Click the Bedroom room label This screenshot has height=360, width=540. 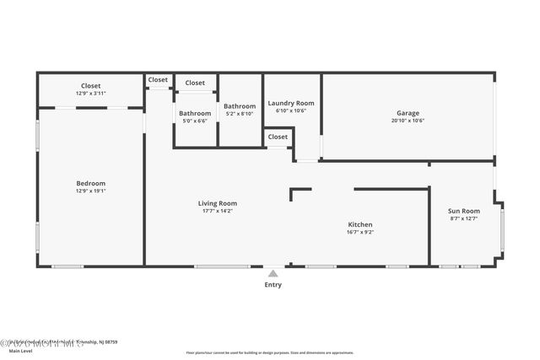tap(90, 183)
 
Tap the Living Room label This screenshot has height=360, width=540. tap(217, 203)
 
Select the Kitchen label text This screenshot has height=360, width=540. tap(360, 224)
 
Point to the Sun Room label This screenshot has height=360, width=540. tap(463, 211)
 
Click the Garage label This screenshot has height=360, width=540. tap(408, 113)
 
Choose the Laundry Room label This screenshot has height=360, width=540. tap(291, 103)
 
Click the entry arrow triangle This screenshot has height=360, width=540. tap(273, 273)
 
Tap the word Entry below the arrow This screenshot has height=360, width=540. tap(273, 285)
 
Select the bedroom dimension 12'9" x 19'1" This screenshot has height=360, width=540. tap(90, 191)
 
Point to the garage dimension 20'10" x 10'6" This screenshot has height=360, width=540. tap(408, 121)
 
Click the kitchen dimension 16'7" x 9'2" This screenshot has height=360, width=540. tap(360, 232)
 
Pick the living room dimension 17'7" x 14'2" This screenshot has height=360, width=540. tap(217, 211)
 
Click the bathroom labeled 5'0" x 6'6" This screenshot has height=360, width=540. tap(195, 116)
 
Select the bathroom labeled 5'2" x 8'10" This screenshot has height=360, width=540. tap(240, 110)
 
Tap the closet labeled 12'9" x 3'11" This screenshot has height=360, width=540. tap(90, 89)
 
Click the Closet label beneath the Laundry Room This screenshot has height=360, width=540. tap(278, 137)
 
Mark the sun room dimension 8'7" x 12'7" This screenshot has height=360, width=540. tap(463, 218)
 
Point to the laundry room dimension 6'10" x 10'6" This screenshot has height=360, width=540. tap(291, 110)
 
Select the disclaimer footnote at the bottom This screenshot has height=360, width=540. tap(270, 352)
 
